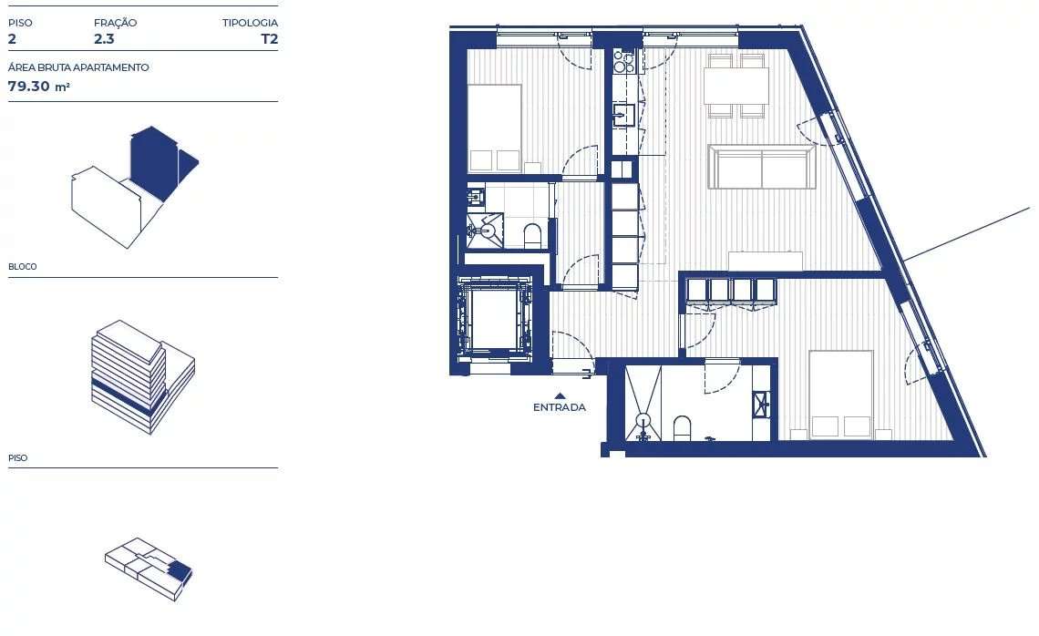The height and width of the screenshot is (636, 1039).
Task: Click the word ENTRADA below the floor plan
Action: (x=560, y=407)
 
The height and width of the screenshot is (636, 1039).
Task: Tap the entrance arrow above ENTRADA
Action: (x=560, y=395)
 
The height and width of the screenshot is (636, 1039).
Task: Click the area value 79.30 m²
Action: (x=39, y=87)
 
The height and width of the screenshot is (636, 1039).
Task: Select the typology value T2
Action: (x=269, y=39)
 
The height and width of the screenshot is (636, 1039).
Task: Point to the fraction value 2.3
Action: (x=104, y=39)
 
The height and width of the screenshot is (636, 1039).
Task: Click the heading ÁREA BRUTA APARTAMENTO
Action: (x=78, y=67)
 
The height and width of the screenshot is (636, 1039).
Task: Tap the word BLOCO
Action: (x=23, y=267)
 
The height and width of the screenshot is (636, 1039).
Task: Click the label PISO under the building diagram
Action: (x=18, y=458)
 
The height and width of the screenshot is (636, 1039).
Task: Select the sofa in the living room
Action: (x=762, y=168)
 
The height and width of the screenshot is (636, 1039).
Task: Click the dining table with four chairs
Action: (x=736, y=87)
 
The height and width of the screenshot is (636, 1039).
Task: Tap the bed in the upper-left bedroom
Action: (x=494, y=128)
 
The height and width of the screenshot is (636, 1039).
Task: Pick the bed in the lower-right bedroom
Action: (x=840, y=394)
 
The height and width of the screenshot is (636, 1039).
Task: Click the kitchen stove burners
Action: (x=624, y=62)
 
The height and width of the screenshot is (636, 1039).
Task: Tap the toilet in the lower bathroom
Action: (x=682, y=427)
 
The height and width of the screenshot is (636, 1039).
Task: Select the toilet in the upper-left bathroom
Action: (x=533, y=236)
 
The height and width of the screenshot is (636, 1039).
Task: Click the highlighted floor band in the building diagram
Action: (x=128, y=394)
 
